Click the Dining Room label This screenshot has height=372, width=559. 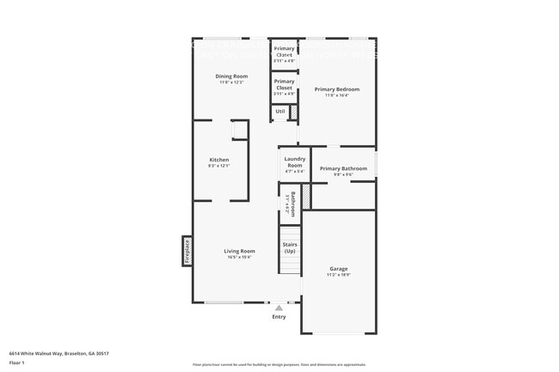(x=231, y=76)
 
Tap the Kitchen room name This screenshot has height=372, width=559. (x=218, y=160)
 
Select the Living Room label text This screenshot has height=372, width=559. (x=240, y=251)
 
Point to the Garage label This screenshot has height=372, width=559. (x=339, y=269)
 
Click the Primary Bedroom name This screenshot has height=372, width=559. (x=336, y=89)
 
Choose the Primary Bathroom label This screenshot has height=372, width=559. (x=343, y=168)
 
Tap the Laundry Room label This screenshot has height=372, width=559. (x=295, y=162)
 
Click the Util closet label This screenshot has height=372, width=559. (x=280, y=112)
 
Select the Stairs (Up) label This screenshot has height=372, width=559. (x=290, y=247)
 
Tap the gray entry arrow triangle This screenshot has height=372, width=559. (x=279, y=308)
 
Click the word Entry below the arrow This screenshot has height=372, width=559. (x=279, y=317)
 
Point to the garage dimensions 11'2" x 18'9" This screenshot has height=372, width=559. (x=339, y=275)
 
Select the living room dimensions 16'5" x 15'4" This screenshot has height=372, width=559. (x=240, y=257)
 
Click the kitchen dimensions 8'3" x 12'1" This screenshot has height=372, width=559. (x=218, y=166)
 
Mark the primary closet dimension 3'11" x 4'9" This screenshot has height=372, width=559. (x=284, y=94)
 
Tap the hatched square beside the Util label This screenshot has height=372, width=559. (x=292, y=112)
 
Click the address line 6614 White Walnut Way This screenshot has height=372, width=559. (x=58, y=353)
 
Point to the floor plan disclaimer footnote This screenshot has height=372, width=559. (x=279, y=365)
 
